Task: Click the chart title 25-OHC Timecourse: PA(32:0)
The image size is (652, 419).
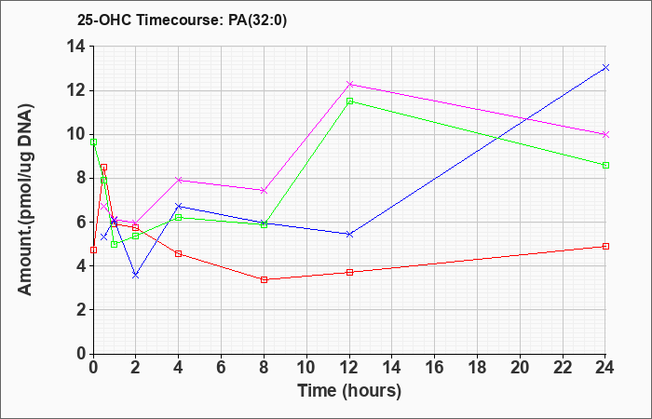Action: point(182,20)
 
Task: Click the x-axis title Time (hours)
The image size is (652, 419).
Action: point(349,391)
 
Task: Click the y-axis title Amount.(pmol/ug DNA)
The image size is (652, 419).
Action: point(26,199)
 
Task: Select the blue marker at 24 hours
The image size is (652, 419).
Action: point(605,67)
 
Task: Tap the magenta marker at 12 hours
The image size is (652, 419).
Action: point(349,84)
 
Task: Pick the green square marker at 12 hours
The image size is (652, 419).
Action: point(349,101)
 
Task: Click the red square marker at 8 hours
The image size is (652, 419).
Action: point(264,279)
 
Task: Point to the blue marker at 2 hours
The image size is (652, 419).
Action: point(136,276)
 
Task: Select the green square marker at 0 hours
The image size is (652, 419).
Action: point(93,142)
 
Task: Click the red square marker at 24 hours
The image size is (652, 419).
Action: point(605,246)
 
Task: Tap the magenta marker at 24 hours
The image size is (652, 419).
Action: point(605,135)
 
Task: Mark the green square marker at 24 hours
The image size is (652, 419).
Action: point(605,166)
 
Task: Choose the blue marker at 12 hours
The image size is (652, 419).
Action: point(349,235)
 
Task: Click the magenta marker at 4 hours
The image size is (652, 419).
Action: point(179,180)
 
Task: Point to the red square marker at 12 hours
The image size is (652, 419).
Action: point(349,272)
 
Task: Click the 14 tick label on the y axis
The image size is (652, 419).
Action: point(77,47)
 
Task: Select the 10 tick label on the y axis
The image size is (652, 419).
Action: point(77,135)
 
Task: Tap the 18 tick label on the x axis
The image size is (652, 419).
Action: point(477,368)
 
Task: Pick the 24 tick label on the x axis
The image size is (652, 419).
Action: point(604,368)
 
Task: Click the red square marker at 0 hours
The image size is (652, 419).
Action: point(93,250)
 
